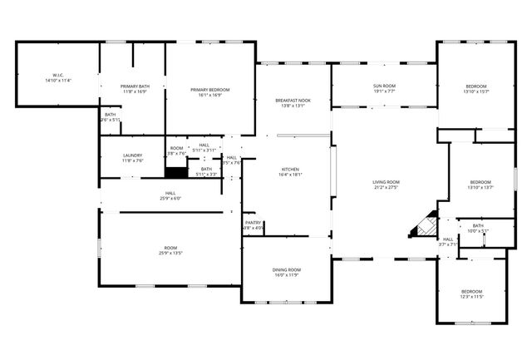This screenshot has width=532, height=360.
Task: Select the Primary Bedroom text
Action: click(x=209, y=92)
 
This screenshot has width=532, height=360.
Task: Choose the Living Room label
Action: click(x=386, y=185)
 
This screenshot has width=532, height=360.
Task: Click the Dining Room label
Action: click(x=287, y=272)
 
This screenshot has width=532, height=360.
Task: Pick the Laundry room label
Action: click(x=133, y=157)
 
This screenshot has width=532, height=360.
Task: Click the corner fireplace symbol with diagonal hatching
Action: click(x=426, y=225)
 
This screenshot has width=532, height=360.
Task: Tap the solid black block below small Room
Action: click(x=175, y=174)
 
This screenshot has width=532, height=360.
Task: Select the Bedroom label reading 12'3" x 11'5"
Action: click(x=471, y=293)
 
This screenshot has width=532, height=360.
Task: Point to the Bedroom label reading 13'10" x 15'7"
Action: click(x=476, y=89)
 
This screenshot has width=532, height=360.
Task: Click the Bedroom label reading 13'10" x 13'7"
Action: click(x=480, y=185)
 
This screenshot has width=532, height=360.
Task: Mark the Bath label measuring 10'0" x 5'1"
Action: click(x=478, y=228)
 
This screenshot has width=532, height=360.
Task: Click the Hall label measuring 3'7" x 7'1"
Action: click(x=447, y=241)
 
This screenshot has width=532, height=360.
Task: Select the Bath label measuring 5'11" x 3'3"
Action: click(x=206, y=171)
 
